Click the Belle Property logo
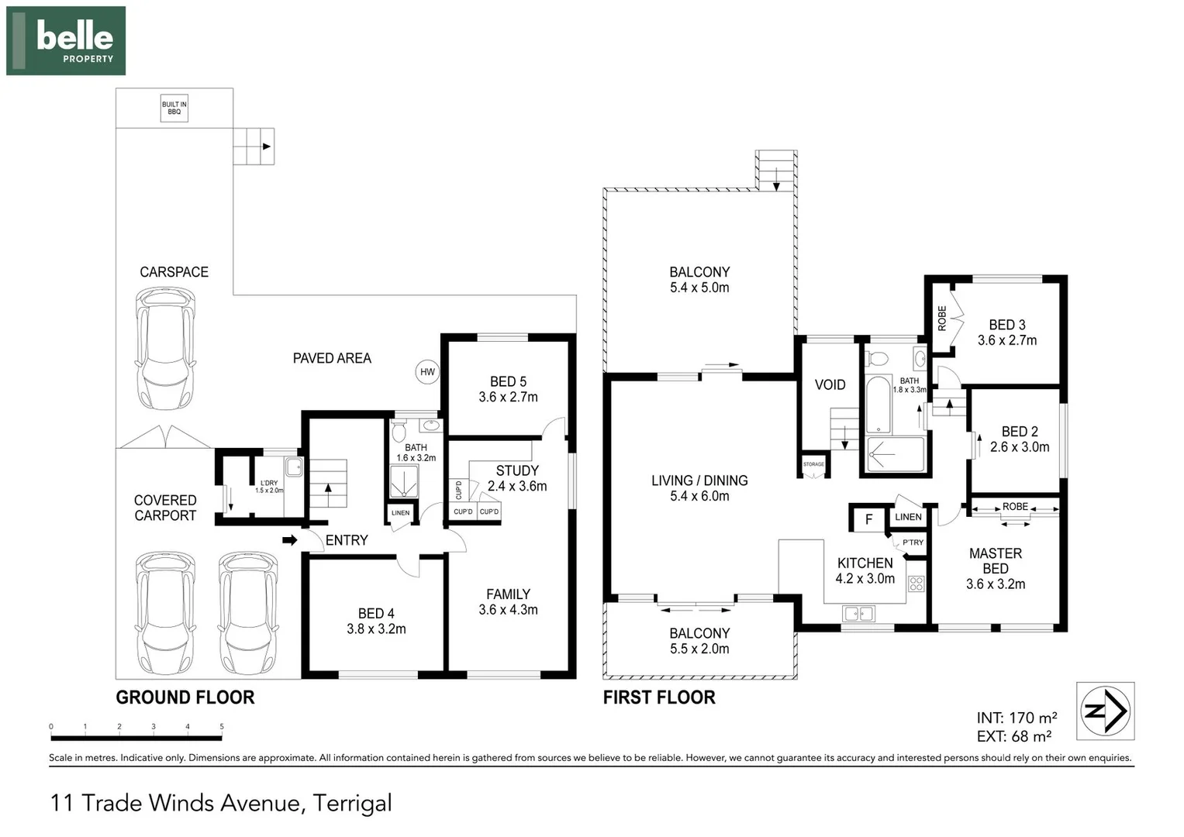click(66, 41)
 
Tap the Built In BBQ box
click(174, 108)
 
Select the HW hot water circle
click(427, 372)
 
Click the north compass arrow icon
click(1106, 711)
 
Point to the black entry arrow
click(289, 540)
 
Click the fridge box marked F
click(868, 519)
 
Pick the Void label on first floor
click(830, 384)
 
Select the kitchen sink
click(858, 614)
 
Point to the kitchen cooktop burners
click(916, 584)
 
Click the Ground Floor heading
click(185, 697)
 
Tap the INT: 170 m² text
click(1017, 718)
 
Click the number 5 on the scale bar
click(222, 727)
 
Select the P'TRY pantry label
click(913, 542)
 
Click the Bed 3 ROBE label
click(942, 318)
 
